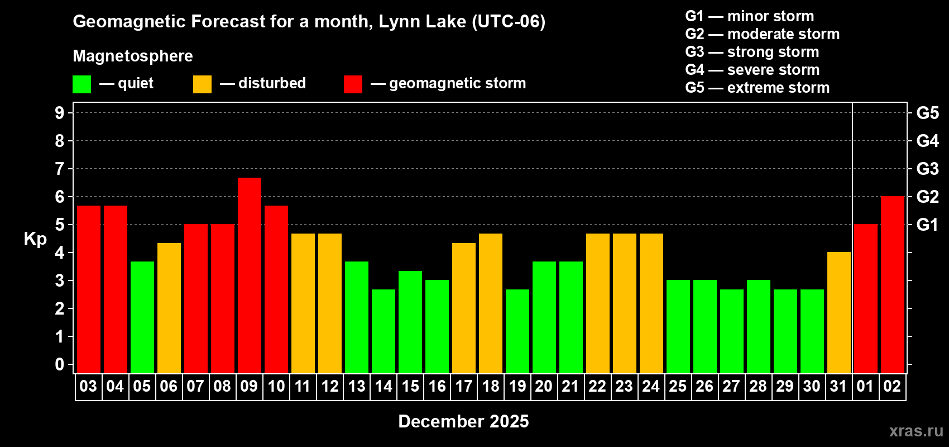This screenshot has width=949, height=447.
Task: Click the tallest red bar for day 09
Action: click(x=250, y=275)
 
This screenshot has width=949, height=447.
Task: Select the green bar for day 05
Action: click(x=142, y=317)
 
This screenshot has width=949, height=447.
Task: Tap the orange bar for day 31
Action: click(x=839, y=312)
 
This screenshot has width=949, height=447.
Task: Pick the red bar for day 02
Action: click(x=893, y=284)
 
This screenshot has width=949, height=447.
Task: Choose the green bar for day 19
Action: click(x=517, y=331)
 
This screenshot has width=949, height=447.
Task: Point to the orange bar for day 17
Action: click(x=464, y=308)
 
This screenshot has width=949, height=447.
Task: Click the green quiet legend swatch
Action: click(x=82, y=84)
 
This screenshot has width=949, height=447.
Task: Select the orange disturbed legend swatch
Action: click(x=202, y=84)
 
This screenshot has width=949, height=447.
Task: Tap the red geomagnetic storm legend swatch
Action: click(x=353, y=84)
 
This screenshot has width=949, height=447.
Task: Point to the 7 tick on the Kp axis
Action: click(x=60, y=169)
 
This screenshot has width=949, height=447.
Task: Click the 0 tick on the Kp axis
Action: click(x=60, y=365)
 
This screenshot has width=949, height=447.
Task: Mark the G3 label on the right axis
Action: click(x=927, y=169)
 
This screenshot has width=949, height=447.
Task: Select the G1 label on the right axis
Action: click(x=927, y=225)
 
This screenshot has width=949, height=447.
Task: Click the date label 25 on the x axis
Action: click(x=678, y=387)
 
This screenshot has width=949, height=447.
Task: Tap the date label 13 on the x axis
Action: click(x=357, y=387)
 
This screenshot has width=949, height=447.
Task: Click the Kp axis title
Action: click(x=35, y=239)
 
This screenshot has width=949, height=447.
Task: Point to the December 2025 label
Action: click(x=463, y=421)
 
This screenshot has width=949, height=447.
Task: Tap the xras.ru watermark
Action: click(x=916, y=431)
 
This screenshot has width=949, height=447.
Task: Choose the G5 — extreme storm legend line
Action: click(x=757, y=88)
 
